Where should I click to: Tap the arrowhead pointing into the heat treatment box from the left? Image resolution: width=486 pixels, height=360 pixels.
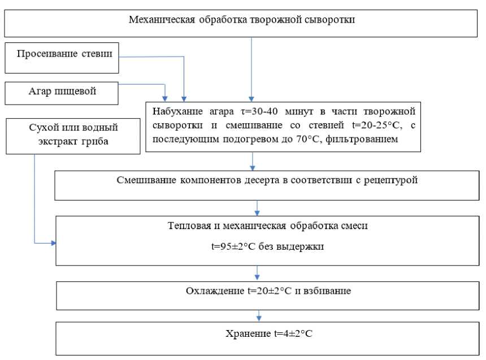(54, 243)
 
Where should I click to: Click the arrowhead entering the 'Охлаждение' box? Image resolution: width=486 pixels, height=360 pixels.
(258, 277)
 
